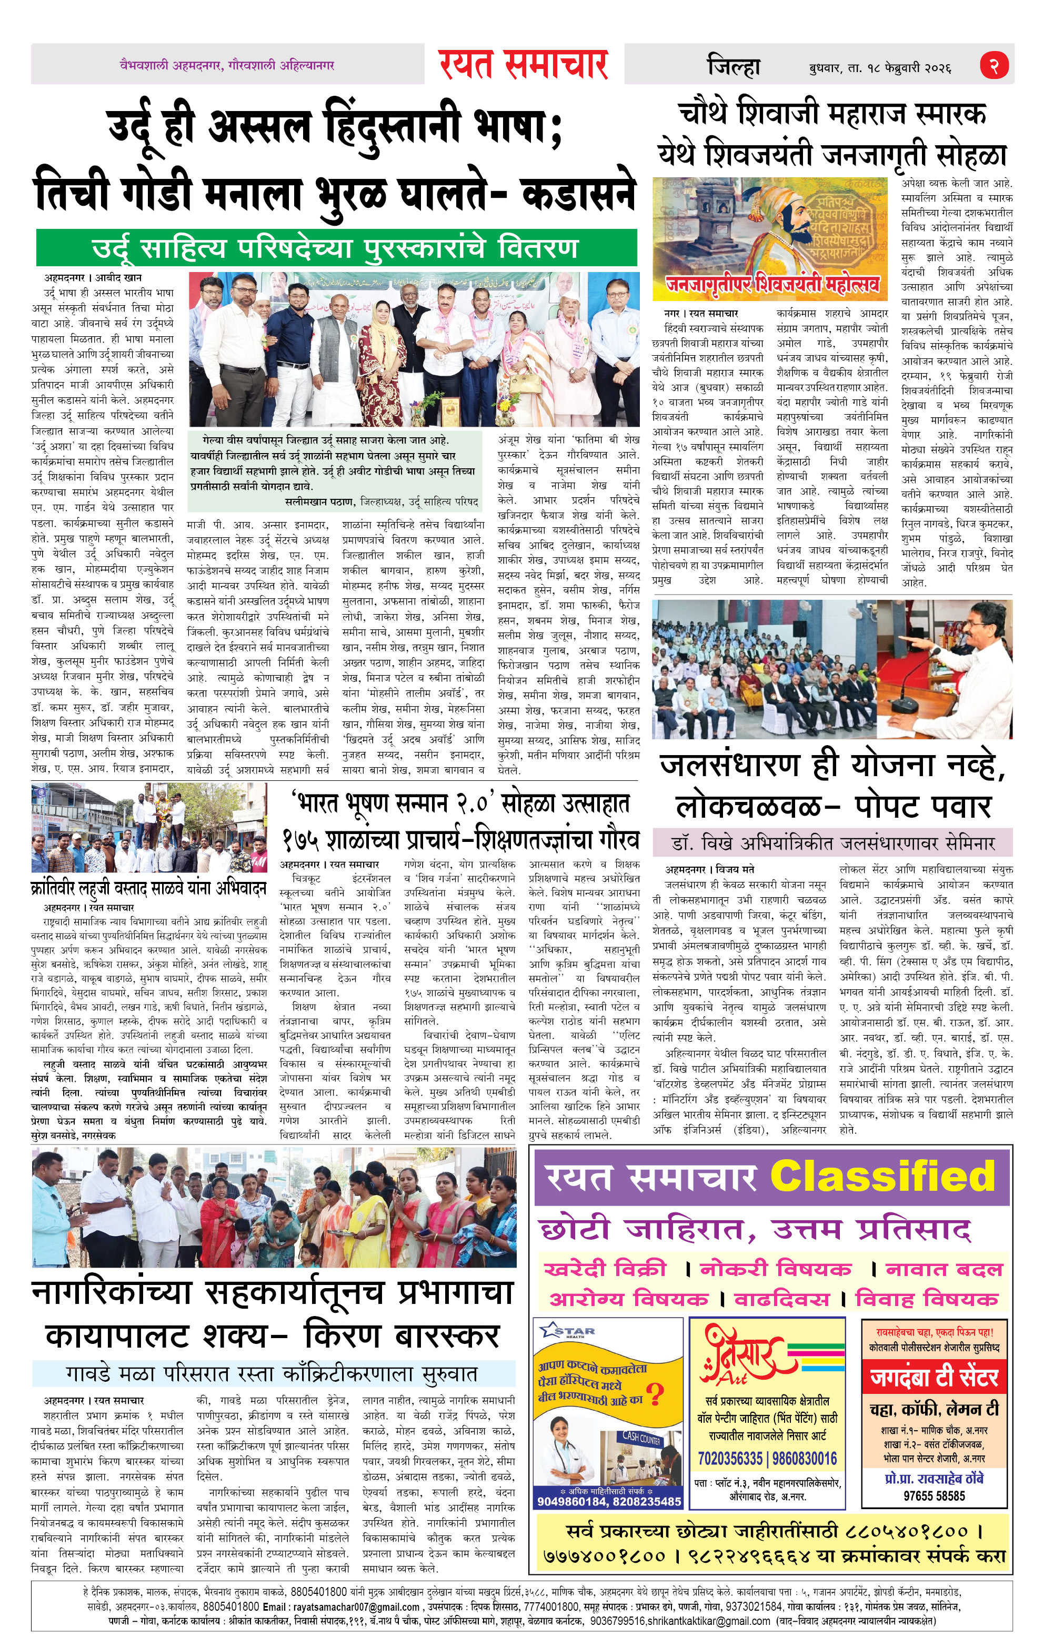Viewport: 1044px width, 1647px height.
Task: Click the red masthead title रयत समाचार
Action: coord(524,64)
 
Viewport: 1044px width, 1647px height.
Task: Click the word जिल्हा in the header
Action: coord(734,67)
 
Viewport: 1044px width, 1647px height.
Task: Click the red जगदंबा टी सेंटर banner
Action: coord(934,1377)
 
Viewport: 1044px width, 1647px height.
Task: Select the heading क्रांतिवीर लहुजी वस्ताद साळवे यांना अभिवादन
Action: coord(148,888)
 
